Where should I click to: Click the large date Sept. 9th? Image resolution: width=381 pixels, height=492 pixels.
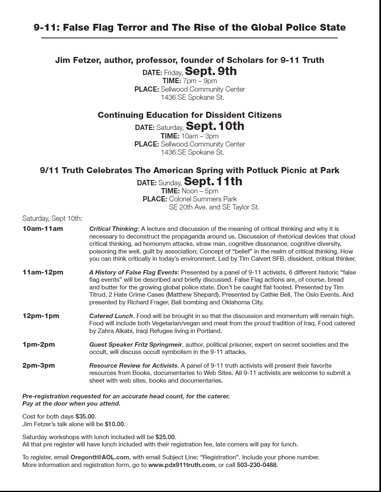[x=210, y=71]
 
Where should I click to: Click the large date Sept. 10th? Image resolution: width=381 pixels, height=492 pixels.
[x=215, y=126]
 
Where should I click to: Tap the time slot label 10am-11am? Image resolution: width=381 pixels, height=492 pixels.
[x=43, y=229]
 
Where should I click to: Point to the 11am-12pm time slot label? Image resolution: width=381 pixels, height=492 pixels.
[x=43, y=272]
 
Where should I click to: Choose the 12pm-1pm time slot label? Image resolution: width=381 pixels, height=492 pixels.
[x=41, y=316]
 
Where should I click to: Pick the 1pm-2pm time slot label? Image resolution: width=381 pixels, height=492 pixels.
[x=39, y=345]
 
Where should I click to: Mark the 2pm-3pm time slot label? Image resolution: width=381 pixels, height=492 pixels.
[x=39, y=366]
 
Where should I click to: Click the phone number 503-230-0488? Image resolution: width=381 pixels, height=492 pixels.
[x=257, y=465]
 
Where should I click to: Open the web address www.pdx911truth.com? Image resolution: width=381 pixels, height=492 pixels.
[x=181, y=465]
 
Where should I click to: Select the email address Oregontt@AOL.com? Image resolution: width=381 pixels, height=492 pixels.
[x=100, y=457]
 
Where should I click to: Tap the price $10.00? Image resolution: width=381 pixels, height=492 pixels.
[x=115, y=424]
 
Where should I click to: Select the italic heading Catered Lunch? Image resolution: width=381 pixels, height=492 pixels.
[x=111, y=316]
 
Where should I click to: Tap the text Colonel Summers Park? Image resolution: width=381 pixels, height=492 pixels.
[x=203, y=199]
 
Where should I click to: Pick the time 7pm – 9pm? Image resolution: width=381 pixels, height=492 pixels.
[x=200, y=81]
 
